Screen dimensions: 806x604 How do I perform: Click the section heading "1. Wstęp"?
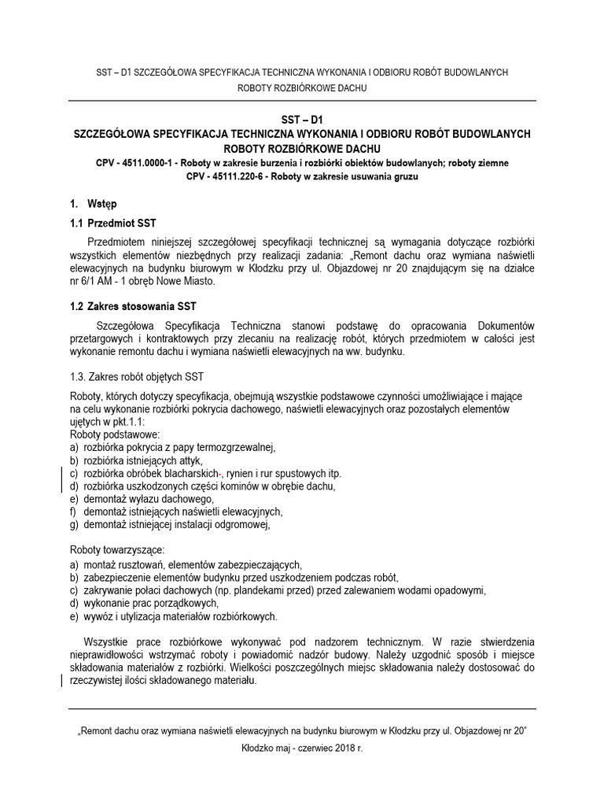coord(94,204)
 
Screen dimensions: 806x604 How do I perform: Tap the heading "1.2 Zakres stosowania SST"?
coord(132,305)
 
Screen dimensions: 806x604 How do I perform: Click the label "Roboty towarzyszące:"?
coord(118,550)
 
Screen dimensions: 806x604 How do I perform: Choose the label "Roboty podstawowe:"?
coord(115,434)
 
